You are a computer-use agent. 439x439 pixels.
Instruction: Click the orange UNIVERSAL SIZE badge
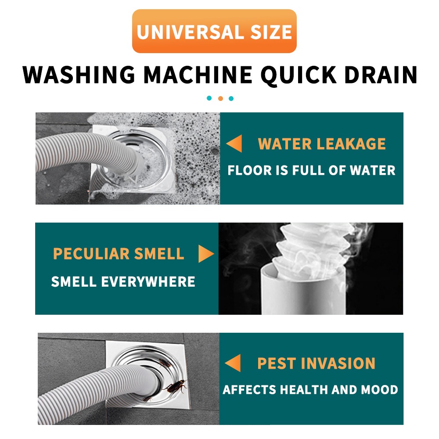tap(214, 31)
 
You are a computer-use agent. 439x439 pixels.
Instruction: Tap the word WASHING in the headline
tap(79, 75)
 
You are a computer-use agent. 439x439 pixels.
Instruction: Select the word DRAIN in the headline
tap(381, 75)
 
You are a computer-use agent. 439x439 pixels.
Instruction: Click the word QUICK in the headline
tap(298, 76)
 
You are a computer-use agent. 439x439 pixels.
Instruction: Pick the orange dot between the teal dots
tap(220, 98)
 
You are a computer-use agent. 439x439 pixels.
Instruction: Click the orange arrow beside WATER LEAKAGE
tap(234, 144)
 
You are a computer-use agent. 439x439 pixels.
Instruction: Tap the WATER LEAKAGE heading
tap(322, 144)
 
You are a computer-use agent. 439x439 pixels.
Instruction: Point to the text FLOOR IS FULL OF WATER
tap(311, 170)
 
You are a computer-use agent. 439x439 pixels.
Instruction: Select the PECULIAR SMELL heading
tap(119, 254)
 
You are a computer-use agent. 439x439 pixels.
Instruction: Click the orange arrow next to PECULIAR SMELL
tap(206, 254)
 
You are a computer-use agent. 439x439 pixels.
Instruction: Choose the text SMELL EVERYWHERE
tap(123, 281)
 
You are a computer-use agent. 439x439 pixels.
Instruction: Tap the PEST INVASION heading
tap(316, 363)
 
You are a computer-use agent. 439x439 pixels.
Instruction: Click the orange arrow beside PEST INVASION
tap(233, 363)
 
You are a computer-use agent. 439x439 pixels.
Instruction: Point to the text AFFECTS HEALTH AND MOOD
tap(310, 390)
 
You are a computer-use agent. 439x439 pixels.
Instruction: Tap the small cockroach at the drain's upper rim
tap(165, 363)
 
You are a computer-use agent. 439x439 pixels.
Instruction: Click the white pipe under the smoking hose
tap(303, 291)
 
